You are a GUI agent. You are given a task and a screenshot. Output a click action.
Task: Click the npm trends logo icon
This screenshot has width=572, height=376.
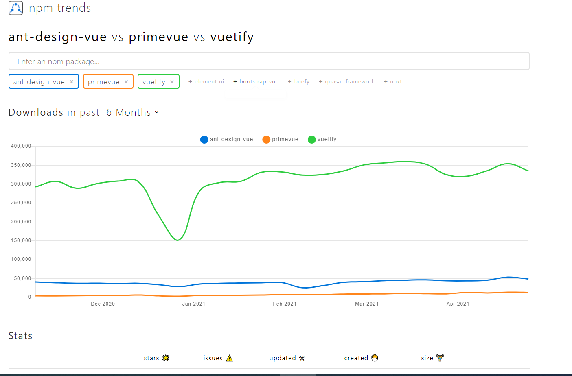15,8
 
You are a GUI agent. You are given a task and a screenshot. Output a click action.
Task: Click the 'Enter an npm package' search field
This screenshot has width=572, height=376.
269,61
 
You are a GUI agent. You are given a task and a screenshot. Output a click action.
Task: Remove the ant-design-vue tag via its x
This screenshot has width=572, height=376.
72,82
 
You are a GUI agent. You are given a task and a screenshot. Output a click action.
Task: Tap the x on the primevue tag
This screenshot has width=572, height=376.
126,82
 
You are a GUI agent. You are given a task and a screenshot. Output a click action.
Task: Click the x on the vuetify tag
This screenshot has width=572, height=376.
172,82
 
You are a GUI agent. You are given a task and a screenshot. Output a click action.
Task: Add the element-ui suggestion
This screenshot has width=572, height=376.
206,82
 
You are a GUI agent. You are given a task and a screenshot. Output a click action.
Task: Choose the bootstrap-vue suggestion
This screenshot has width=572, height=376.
256,82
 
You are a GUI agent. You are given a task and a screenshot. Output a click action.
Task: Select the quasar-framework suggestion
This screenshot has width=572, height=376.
346,82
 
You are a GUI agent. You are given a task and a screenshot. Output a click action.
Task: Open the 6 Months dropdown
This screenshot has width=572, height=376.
133,113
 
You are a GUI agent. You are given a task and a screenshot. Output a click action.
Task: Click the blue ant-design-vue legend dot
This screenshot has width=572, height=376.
204,140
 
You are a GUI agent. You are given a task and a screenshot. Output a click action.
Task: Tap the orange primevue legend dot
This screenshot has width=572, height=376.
266,140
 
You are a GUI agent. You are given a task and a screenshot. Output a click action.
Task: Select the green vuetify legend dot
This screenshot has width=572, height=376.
312,140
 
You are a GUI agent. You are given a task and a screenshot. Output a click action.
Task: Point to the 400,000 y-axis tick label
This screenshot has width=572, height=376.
21,146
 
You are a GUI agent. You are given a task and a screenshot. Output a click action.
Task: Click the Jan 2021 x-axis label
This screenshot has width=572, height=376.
194,304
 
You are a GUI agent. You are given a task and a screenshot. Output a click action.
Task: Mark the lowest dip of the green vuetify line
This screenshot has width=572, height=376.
178,240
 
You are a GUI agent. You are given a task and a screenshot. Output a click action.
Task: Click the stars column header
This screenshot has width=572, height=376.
151,358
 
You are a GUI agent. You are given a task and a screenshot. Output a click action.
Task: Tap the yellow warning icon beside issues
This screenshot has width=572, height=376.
230,358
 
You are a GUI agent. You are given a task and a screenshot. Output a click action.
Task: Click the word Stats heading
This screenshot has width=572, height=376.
20,336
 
